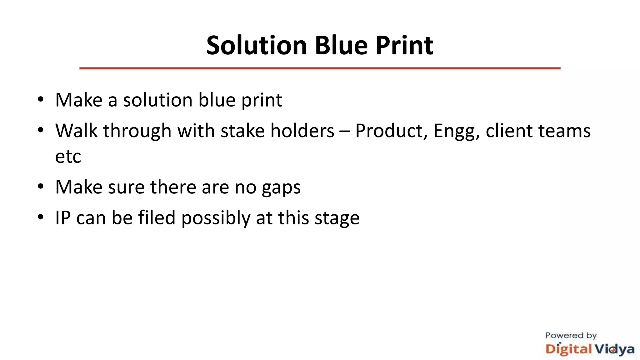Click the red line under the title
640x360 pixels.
(x=320, y=68)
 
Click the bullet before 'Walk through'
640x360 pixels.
(x=40, y=130)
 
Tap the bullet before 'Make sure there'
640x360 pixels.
(x=40, y=187)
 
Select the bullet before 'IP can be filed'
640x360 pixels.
(x=40, y=217)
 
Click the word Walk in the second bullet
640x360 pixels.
(x=76, y=130)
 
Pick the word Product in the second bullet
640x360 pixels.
(x=391, y=131)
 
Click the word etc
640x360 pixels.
(x=68, y=156)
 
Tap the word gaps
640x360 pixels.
(x=281, y=188)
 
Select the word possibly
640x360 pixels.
(x=216, y=218)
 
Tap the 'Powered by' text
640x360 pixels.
(x=571, y=336)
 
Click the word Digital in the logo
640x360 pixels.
(x=568, y=349)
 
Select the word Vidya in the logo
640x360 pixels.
(x=614, y=349)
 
